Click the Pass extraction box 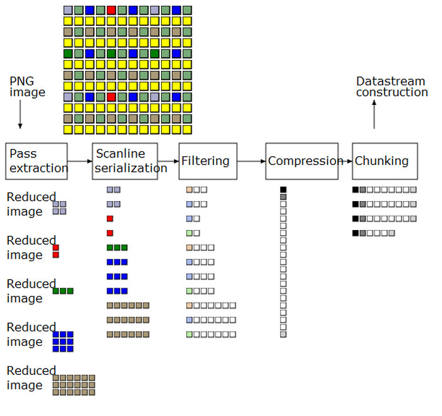point(37,161)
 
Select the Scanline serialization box point(125,161)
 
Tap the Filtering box point(208,161)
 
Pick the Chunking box point(385,161)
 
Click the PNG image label point(27,87)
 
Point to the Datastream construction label point(391,87)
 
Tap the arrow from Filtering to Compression point(251,161)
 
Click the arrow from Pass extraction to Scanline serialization point(80,161)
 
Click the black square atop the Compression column point(284,189)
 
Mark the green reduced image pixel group point(63,291)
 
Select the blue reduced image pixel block point(63,341)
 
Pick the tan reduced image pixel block point(74,384)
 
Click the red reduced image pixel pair point(56,251)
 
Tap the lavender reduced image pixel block point(59,208)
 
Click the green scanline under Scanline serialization point(117,247)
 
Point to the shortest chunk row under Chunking point(373,233)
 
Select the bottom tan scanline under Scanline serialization point(128,334)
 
